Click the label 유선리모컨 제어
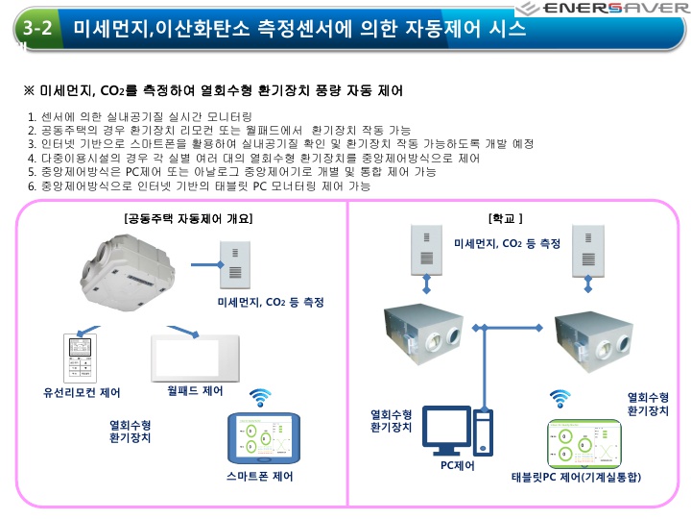[x=83, y=392]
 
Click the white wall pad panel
[x=199, y=353]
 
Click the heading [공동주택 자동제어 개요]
[x=188, y=218]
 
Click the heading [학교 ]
[x=506, y=218]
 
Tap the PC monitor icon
[x=448, y=430]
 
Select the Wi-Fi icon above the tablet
[x=560, y=397]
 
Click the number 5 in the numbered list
[x=33, y=171]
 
